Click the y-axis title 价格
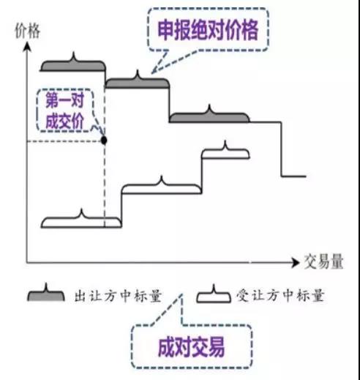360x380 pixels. coord(27,31)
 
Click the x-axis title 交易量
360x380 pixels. coord(324,262)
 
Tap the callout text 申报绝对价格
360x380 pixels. coord(208,30)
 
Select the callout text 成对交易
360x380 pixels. coord(191,347)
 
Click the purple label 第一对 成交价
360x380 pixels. coord(65,111)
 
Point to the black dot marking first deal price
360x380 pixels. coord(104,141)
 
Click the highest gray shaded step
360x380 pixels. coord(73,64)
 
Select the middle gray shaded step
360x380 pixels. coord(137,82)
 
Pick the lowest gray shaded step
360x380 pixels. coord(209,116)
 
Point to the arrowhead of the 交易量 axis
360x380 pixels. coord(296,262)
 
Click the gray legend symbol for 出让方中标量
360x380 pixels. coord(46,294)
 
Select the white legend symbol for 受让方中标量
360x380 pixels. coord(214,296)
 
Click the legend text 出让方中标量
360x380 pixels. coord(118,296)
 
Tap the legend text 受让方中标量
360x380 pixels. coord(280,295)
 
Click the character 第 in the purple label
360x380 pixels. coord(52,100)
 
